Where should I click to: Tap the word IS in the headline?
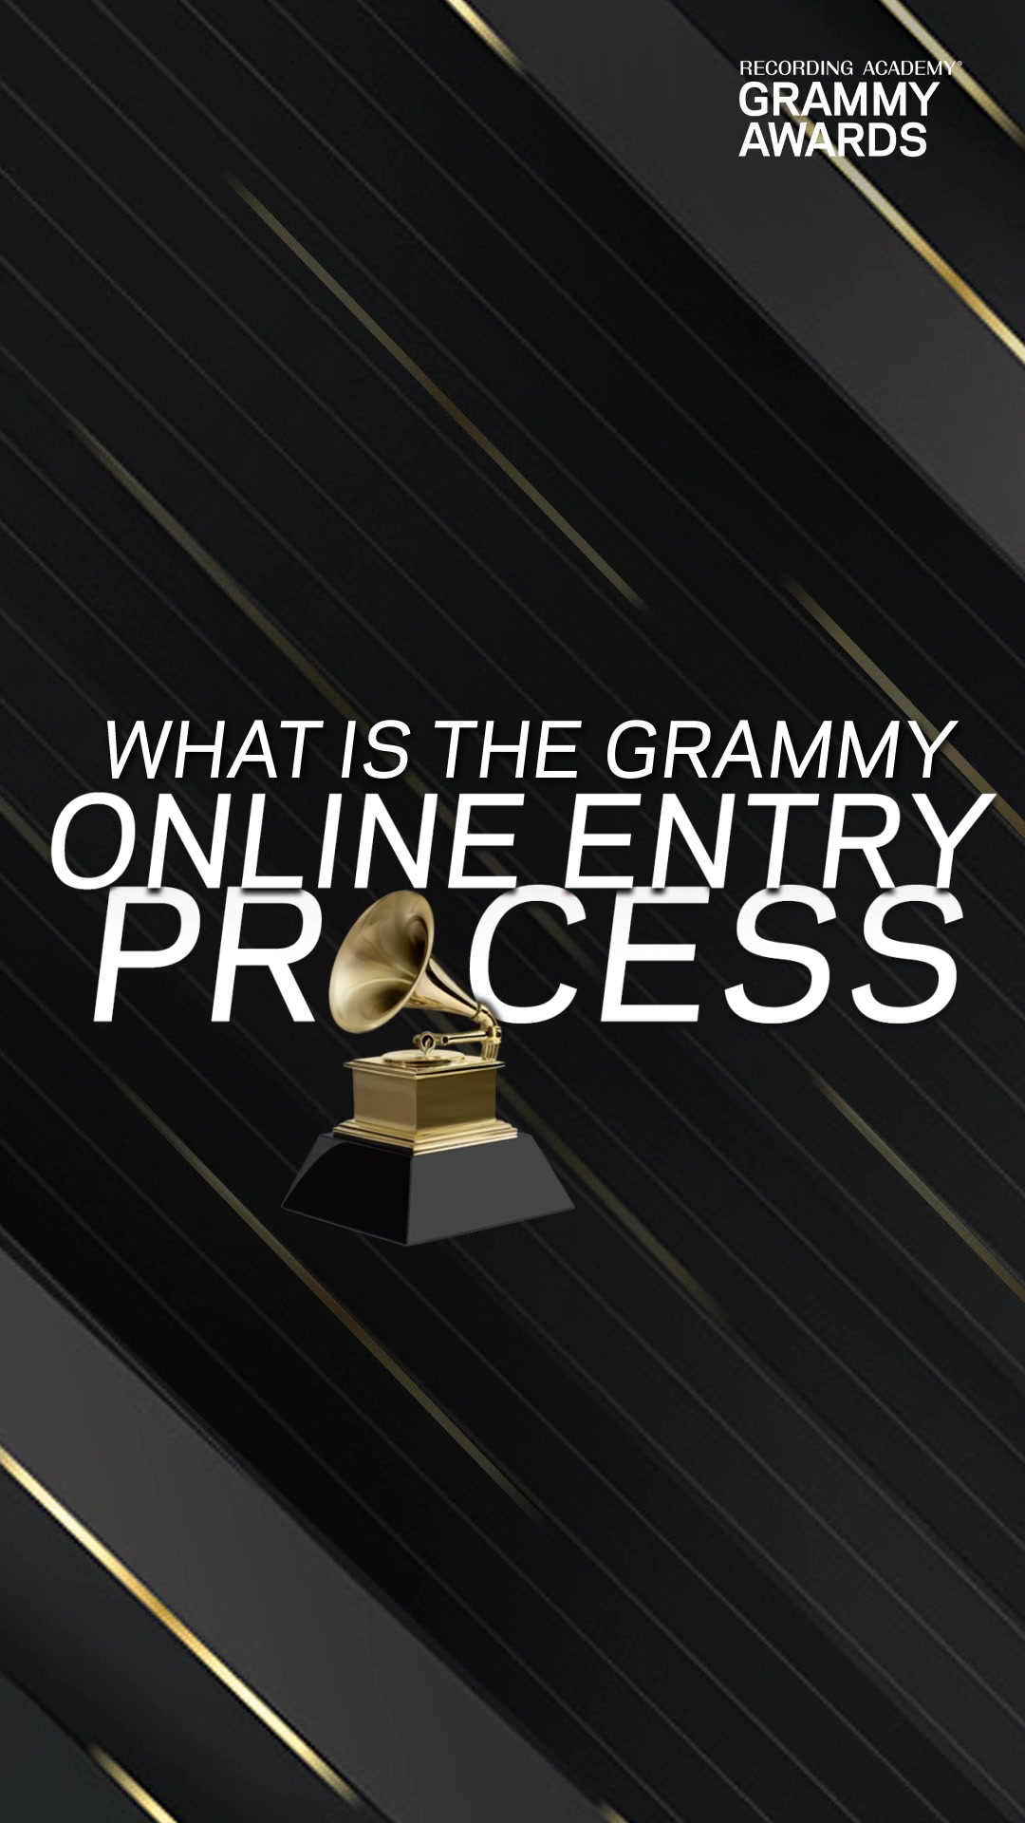pos(373,751)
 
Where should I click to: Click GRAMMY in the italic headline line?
pos(779,751)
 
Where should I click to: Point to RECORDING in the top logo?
pos(796,68)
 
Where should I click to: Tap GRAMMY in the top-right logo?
pos(839,100)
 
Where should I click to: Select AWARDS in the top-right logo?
pos(832,139)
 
